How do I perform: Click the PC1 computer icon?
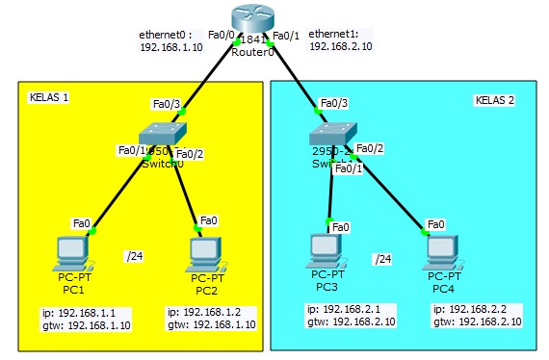[72, 252]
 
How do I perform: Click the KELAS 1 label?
[50, 98]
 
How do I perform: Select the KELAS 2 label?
[495, 100]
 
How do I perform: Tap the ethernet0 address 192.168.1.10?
[170, 45]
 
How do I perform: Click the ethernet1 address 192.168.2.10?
[339, 45]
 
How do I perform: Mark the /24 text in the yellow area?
[134, 256]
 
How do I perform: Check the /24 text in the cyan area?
[383, 259]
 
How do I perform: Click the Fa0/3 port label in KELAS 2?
[333, 103]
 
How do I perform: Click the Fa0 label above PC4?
[435, 223]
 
